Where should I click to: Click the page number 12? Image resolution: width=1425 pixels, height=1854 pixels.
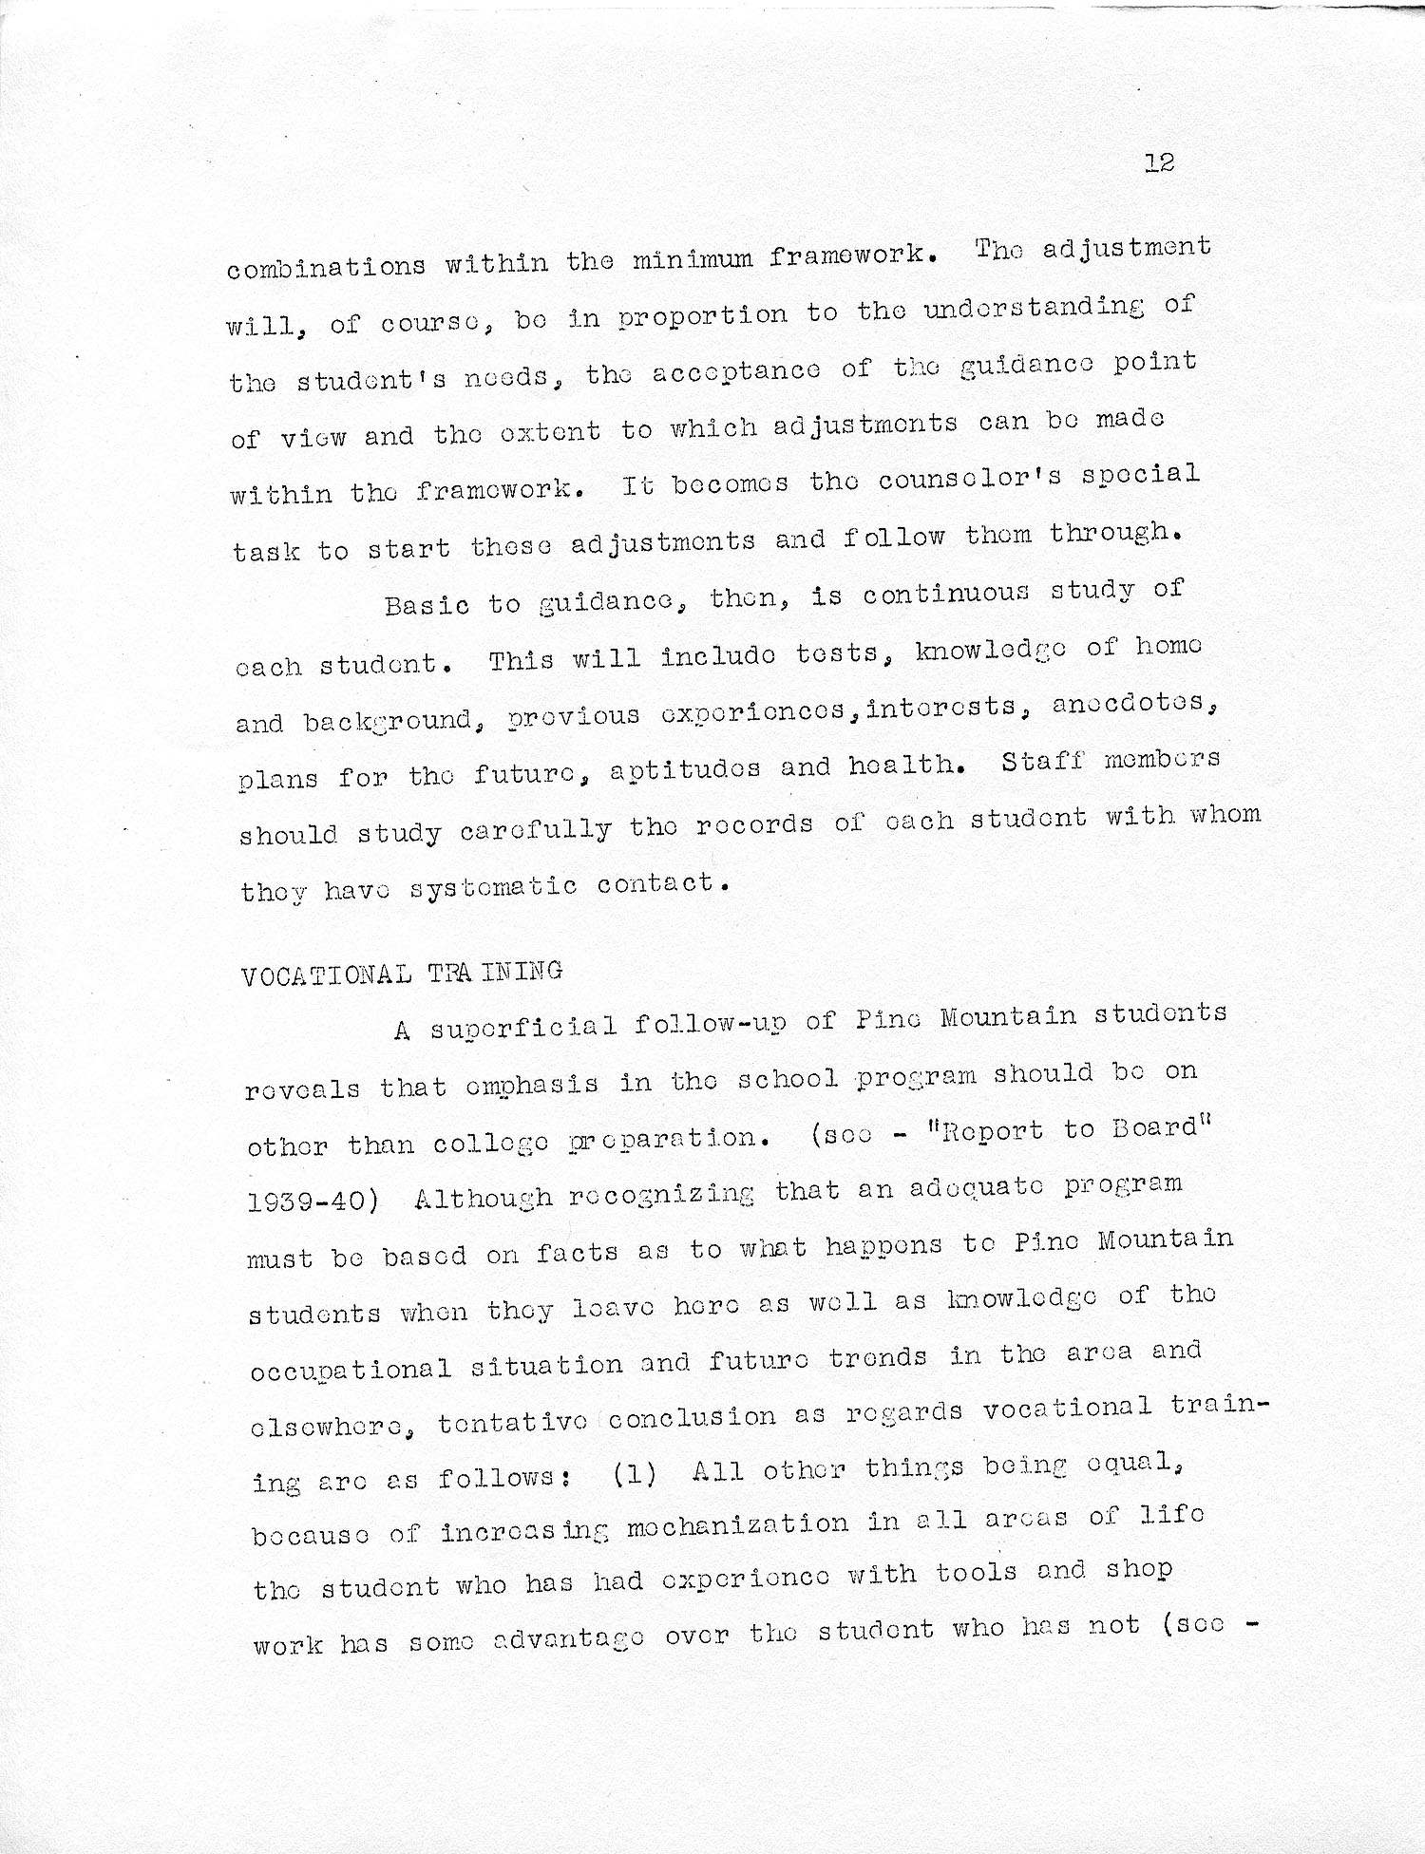point(1159,162)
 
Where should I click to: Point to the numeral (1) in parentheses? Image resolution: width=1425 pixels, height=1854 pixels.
point(635,1475)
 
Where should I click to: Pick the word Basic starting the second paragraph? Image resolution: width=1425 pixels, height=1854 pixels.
point(427,604)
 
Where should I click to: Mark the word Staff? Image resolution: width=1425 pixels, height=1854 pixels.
point(1043,762)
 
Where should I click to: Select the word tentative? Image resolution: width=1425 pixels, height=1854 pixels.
point(511,1422)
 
